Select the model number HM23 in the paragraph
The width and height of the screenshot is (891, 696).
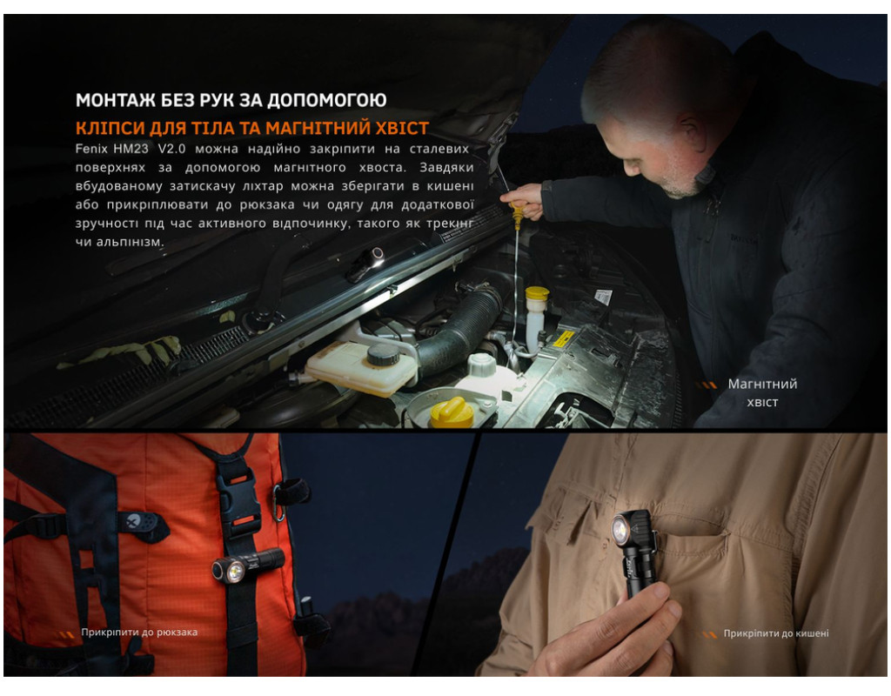[x=131, y=149]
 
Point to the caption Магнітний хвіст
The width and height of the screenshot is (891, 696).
[x=762, y=392]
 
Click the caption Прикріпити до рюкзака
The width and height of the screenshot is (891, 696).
[x=139, y=632]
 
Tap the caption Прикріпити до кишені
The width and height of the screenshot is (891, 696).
[x=775, y=633]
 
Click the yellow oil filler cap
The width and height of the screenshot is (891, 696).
[x=452, y=412]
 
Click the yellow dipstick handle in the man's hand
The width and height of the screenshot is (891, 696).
[x=516, y=214]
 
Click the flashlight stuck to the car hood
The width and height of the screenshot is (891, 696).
[x=365, y=264]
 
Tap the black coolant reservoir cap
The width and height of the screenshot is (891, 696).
[x=384, y=355]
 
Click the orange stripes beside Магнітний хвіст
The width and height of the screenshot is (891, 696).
[x=707, y=385]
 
